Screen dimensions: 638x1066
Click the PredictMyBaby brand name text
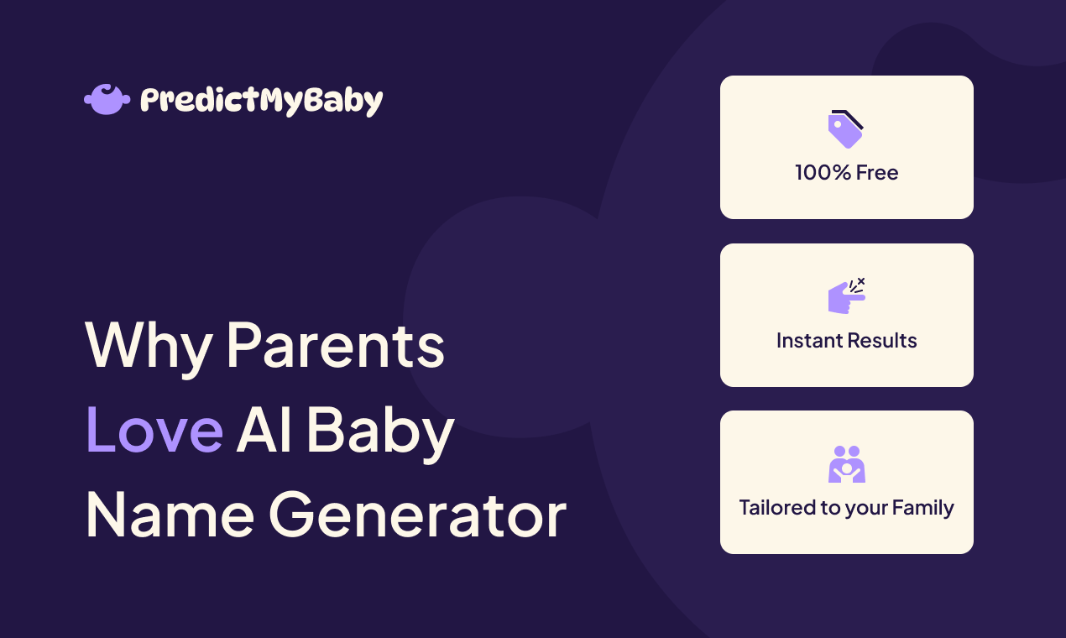pyautogui.click(x=261, y=101)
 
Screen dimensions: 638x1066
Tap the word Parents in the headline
pyautogui.click(x=336, y=346)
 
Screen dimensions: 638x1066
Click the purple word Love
pyautogui.click(x=154, y=430)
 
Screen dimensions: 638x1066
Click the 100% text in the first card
pyautogui.click(x=822, y=173)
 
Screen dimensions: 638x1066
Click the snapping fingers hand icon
pyautogui.click(x=845, y=297)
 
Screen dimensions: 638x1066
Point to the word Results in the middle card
pyautogui.click(x=882, y=341)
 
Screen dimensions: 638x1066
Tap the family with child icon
pyautogui.click(x=847, y=464)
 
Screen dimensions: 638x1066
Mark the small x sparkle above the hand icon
pyautogui.click(x=861, y=281)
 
